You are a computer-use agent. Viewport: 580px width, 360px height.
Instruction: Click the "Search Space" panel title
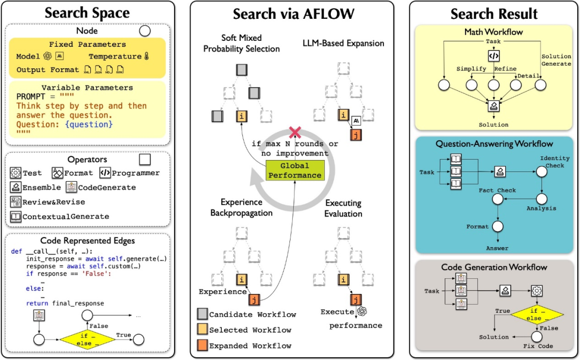[x=87, y=13]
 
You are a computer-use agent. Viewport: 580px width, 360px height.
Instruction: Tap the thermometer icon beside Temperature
[x=147, y=56]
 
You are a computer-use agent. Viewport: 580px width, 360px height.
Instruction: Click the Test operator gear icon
[x=16, y=173]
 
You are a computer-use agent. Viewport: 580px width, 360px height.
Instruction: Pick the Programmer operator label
[x=136, y=173]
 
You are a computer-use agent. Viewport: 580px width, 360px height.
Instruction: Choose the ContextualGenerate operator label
[x=66, y=217]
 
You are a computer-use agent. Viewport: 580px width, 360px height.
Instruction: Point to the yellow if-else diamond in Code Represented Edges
[x=89, y=339]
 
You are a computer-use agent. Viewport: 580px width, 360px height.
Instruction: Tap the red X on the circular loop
[x=294, y=132]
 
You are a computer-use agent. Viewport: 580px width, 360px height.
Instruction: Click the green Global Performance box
[x=294, y=170]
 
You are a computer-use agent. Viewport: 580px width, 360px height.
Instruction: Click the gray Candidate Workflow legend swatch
[x=201, y=314]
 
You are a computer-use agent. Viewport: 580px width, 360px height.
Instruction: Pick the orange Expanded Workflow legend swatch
[x=201, y=345]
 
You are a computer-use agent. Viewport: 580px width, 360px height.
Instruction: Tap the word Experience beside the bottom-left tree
[x=223, y=292]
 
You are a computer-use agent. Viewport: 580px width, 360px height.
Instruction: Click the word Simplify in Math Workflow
[x=471, y=69]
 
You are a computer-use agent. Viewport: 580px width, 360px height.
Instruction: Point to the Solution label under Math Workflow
[x=494, y=125]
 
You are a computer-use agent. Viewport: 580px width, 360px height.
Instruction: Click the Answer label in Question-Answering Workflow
[x=497, y=248]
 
